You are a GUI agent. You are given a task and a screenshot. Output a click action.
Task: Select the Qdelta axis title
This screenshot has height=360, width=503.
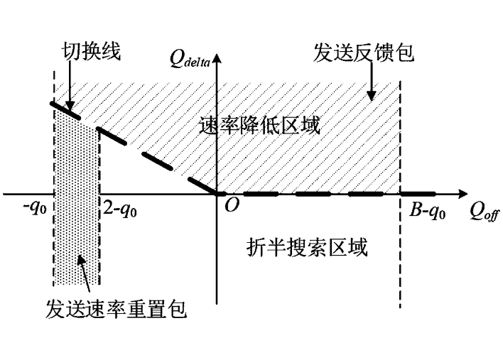coord(190,59)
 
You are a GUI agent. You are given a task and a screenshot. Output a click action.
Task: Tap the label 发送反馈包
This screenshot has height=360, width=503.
coord(364,53)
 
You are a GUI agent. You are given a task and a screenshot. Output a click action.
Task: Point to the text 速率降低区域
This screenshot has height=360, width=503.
coord(259,125)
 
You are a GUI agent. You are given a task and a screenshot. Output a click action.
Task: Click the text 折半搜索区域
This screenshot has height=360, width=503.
coord(307,248)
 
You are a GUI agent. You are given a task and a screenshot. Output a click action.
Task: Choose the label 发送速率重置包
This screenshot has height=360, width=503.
coord(116,310)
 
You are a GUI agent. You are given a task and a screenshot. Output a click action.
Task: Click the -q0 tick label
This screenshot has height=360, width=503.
coord(35,209)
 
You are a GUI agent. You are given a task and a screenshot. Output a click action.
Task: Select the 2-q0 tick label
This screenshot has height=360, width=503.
coord(120,210)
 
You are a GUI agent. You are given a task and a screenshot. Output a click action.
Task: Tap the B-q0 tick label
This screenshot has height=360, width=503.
coord(428,212)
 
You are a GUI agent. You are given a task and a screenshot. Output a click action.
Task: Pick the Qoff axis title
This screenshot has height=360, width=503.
coord(485,212)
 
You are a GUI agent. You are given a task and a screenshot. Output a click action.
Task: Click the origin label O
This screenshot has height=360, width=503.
coord(232,204)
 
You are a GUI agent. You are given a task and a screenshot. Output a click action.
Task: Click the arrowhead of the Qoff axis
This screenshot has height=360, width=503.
coord(463,194)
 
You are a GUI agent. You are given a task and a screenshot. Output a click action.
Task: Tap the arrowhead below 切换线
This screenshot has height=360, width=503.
coord(70,106)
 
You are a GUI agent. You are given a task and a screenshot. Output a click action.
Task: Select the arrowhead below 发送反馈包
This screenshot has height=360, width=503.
coord(371,96)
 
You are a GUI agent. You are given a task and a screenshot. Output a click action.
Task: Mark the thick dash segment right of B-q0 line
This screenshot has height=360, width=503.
coord(418,194)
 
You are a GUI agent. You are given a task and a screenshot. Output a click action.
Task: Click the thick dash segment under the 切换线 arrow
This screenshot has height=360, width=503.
coord(65,111)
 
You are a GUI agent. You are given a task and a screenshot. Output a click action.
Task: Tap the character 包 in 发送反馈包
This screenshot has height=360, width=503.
coord(404,53)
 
